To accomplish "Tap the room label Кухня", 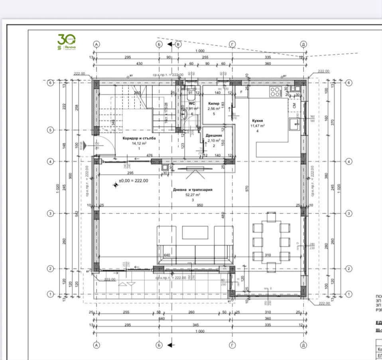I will (258, 120).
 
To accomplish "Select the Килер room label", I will (214, 103).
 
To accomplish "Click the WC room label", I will (191, 103).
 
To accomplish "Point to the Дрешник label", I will (214, 136).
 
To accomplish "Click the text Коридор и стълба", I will (139, 138).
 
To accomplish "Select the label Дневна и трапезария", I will (192, 190).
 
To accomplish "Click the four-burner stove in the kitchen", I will (275, 92).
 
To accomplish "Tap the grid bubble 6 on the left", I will (51, 83).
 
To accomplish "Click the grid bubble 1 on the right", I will (349, 294).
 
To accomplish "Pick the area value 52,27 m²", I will (192, 195).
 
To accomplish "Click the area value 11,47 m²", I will (258, 126).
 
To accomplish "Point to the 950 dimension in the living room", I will (200, 206).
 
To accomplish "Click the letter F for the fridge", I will (241, 91).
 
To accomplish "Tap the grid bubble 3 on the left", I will (51, 214).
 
